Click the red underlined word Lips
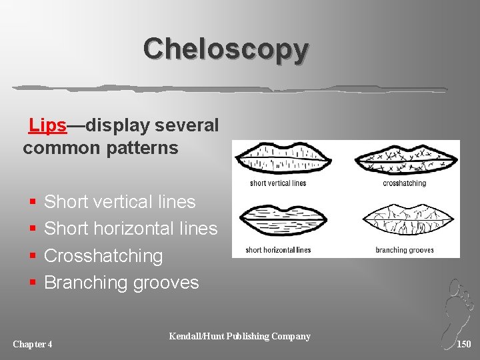click(47, 125)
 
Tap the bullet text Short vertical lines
click(119, 202)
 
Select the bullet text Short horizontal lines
click(131, 229)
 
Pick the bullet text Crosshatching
click(103, 256)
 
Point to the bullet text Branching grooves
click(121, 283)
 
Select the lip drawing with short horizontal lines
click(283, 221)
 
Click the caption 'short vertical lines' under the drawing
click(278, 183)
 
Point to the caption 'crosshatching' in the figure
click(404, 183)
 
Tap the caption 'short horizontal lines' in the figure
click(278, 250)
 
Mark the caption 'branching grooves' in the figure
click(404, 250)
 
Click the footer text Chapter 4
click(33, 344)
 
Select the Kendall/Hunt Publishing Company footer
click(240, 336)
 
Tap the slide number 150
click(464, 344)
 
